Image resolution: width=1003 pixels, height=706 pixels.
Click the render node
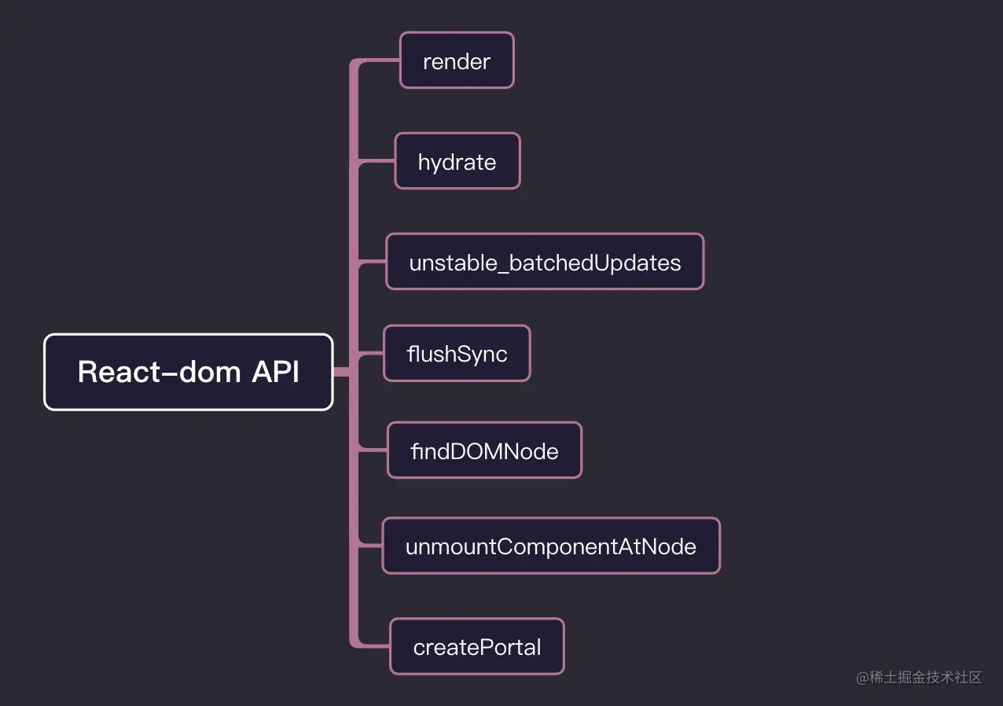pyautogui.click(x=457, y=61)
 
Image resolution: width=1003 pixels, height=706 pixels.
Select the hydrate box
pyautogui.click(x=457, y=161)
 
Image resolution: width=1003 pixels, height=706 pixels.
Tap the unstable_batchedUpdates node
pyautogui.click(x=545, y=262)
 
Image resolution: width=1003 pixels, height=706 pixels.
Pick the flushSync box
pyautogui.click(x=457, y=354)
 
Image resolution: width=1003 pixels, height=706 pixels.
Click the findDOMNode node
pyautogui.click(x=484, y=450)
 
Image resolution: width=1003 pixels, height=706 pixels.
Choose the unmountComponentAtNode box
pyautogui.click(x=550, y=546)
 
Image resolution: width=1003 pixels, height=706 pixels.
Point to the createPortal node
pyautogui.click(x=477, y=646)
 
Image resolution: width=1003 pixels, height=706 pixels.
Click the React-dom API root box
pyautogui.click(x=189, y=372)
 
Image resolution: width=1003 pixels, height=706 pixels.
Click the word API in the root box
pyautogui.click(x=275, y=372)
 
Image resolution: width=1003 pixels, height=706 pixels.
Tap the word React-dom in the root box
pyautogui.click(x=160, y=372)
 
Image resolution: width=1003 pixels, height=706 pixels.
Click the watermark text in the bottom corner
pyautogui.click(x=919, y=678)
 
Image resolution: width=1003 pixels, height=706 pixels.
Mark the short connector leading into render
pyautogui.click(x=381, y=61)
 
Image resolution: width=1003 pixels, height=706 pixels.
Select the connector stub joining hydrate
pyautogui.click(x=377, y=162)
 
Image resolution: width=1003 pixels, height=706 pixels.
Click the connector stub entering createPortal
pyautogui.click(x=374, y=645)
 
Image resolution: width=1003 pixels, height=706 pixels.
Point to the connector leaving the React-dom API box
pyautogui.click(x=342, y=372)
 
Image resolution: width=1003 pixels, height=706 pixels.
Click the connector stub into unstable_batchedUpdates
pyautogui.click(x=372, y=262)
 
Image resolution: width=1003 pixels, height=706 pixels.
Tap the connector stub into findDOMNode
pyautogui.click(x=373, y=450)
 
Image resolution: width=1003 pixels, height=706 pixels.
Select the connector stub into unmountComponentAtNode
pyautogui.click(x=370, y=545)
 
